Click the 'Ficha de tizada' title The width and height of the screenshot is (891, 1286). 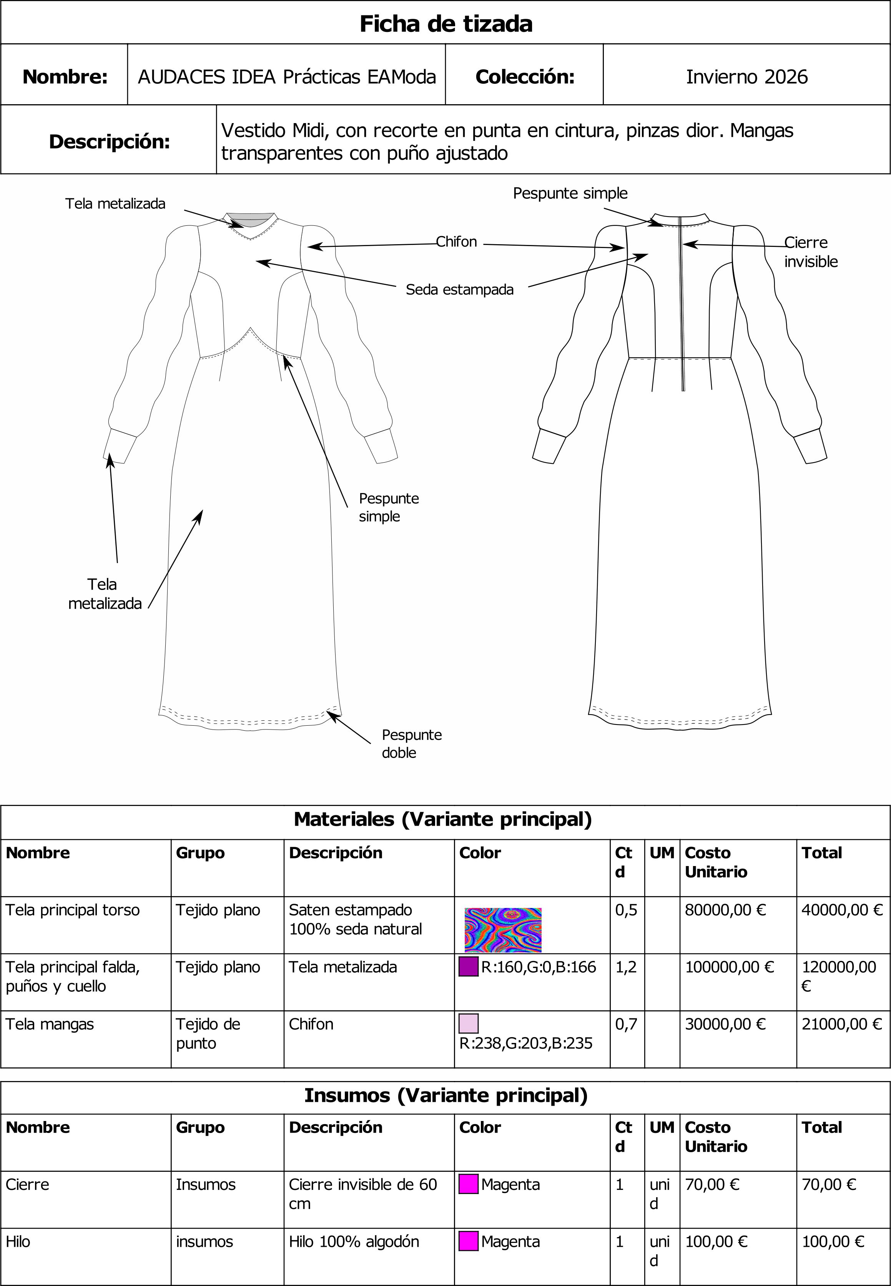point(445,23)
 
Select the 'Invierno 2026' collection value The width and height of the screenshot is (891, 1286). point(746,77)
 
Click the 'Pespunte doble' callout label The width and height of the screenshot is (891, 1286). point(411,743)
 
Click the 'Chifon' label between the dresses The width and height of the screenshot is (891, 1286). point(456,242)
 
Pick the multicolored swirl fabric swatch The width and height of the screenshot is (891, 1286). point(502,930)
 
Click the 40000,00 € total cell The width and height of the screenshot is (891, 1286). point(841,910)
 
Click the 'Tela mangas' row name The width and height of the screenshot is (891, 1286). point(50,1024)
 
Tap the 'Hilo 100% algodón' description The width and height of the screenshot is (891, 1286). point(353,1241)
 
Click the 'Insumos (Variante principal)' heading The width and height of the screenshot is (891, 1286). point(445,1095)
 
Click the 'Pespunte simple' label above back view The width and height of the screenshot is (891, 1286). point(570,193)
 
